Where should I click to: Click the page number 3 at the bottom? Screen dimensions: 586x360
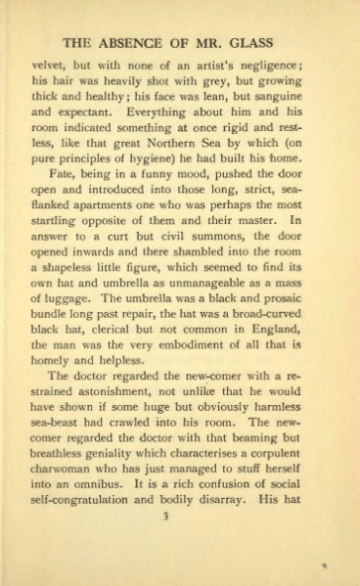(181, 547)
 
